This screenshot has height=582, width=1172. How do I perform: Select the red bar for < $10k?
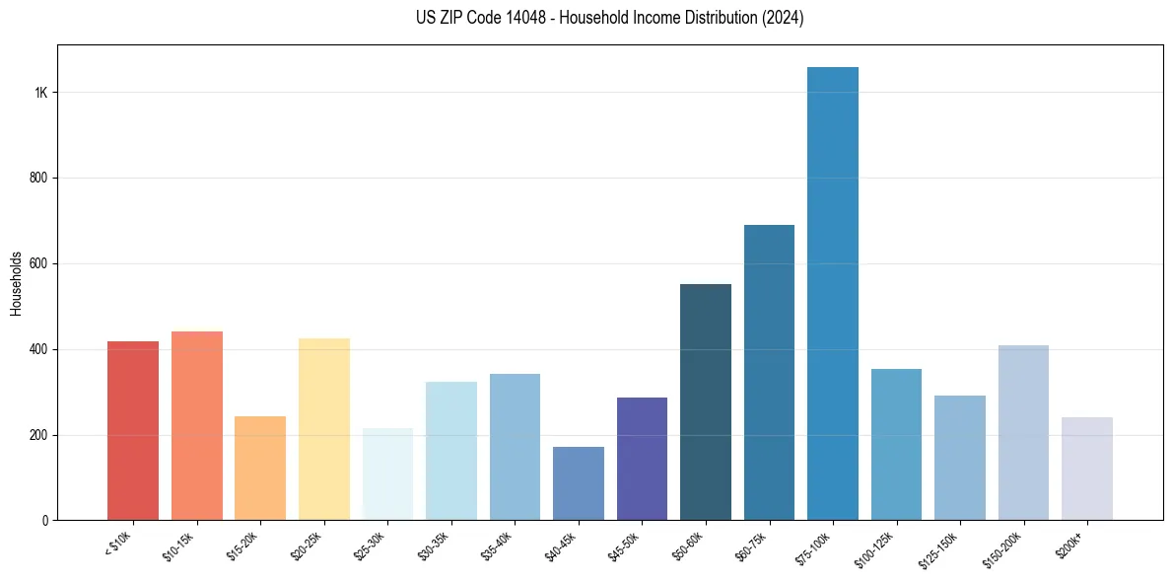click(133, 431)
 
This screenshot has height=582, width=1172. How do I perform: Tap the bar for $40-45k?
click(579, 483)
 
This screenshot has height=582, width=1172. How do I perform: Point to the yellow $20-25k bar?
click(324, 429)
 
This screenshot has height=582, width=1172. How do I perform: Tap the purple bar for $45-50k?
click(642, 459)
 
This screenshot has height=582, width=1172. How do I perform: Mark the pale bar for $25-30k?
click(387, 474)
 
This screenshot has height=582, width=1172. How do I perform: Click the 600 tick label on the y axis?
click(38, 264)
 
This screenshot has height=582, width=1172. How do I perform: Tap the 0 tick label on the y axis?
click(44, 521)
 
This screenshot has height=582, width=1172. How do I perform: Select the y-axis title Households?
click(17, 284)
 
